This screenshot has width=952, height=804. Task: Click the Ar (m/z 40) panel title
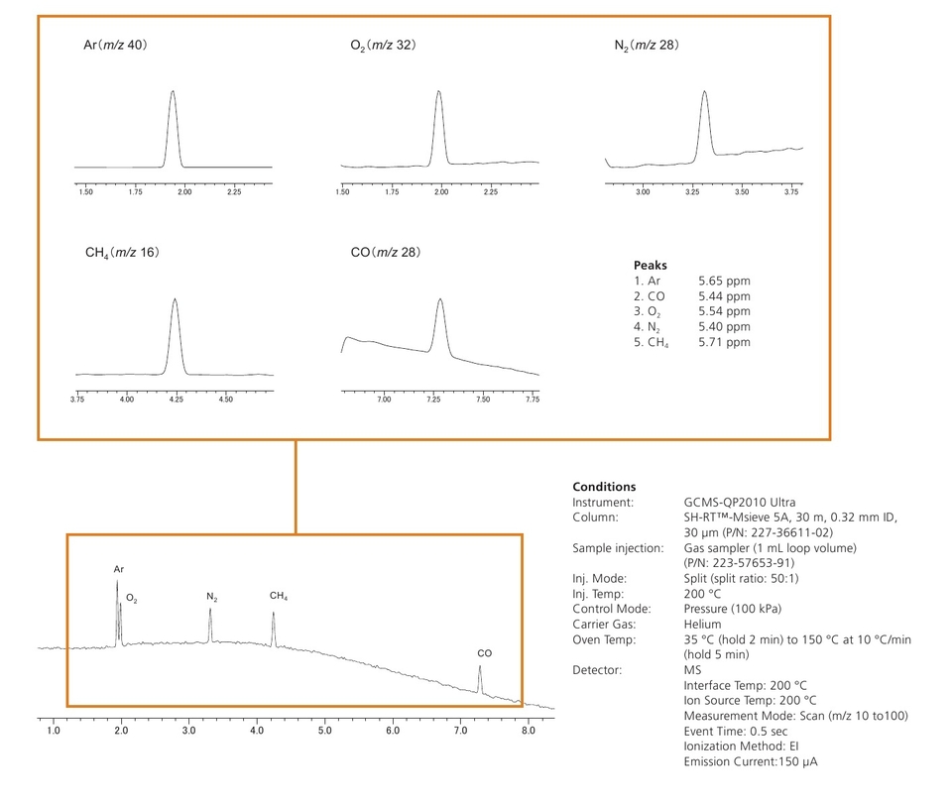click(116, 46)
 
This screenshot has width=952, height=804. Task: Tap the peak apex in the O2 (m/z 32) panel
click(438, 91)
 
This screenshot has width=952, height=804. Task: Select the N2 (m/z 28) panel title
click(647, 46)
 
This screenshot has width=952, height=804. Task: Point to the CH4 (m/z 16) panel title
click(122, 253)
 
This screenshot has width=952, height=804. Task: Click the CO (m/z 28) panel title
click(386, 253)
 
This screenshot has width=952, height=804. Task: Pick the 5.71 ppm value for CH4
click(724, 342)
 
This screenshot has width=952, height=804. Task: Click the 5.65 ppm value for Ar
click(724, 281)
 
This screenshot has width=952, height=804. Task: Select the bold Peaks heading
click(651, 266)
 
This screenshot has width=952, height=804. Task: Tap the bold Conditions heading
click(604, 487)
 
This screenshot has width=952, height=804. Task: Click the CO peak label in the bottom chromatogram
click(484, 653)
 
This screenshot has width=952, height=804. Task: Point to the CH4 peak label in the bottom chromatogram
click(279, 596)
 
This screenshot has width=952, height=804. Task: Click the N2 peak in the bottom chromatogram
click(210, 610)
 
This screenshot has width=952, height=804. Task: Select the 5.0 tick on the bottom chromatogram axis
click(324, 731)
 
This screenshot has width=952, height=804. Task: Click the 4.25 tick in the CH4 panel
click(177, 399)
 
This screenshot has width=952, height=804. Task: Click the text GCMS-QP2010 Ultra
click(739, 503)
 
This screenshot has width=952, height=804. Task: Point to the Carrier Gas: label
click(604, 624)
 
